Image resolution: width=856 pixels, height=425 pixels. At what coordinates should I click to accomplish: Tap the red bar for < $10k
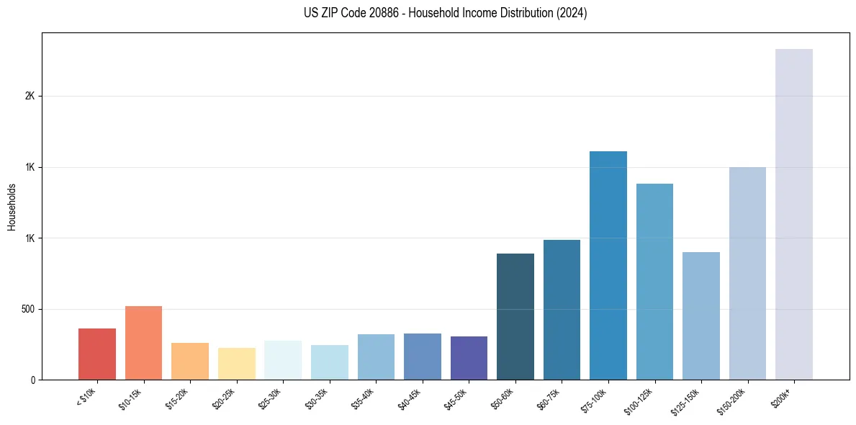coord(97,354)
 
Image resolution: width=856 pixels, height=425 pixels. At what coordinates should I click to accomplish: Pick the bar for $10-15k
coord(143,343)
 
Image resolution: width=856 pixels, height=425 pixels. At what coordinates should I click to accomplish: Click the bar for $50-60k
coord(515,316)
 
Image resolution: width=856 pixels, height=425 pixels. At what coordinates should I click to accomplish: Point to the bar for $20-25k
coord(236,364)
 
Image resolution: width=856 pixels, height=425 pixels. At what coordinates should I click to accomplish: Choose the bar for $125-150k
coord(700,316)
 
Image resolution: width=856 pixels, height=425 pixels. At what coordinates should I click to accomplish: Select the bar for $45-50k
coord(469,358)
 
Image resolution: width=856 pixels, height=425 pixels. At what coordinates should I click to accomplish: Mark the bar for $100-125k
coord(654,282)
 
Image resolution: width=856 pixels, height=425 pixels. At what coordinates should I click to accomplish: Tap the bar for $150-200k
coord(747,273)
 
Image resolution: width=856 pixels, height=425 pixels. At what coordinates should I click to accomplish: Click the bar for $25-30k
coord(283,360)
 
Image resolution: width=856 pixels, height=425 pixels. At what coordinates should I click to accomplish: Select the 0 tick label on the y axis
coord(32,380)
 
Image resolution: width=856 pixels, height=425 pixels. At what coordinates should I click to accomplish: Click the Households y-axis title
coord(12,207)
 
